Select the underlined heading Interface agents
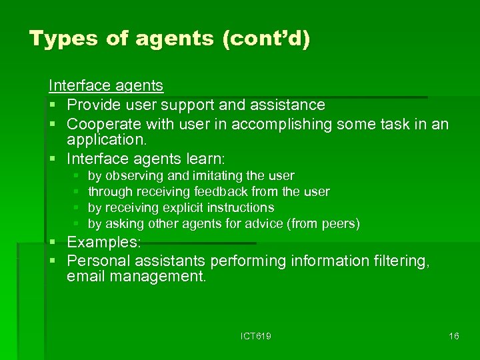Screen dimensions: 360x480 (x=105, y=85)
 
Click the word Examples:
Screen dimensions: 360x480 (x=103, y=243)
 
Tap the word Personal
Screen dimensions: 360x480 (x=99, y=261)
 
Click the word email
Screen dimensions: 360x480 (x=87, y=277)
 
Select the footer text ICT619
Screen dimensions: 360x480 (x=255, y=337)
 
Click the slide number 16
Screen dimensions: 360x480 (x=453, y=337)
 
